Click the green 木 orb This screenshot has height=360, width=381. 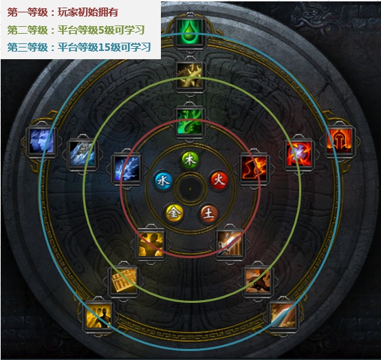click(x=190, y=160)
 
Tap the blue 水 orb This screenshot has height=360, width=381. click(x=164, y=181)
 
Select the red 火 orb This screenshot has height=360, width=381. click(x=219, y=180)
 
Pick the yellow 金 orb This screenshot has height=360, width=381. click(x=174, y=213)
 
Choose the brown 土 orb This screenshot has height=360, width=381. click(x=208, y=213)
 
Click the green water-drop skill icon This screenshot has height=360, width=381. click(x=190, y=32)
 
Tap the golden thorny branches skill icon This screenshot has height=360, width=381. click(x=190, y=75)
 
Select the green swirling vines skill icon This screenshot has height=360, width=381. click(x=190, y=121)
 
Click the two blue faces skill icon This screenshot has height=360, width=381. click(x=41, y=141)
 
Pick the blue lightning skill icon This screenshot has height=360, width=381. click(x=127, y=169)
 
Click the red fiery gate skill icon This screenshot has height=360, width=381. click(x=340, y=141)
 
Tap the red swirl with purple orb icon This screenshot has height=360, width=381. click(x=298, y=154)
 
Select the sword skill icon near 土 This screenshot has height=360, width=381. click(x=230, y=244)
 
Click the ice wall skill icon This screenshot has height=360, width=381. click(x=82, y=154)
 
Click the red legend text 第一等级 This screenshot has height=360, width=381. click(x=28, y=12)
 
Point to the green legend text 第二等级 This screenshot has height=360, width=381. click(x=28, y=30)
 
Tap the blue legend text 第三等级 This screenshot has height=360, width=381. click(x=28, y=47)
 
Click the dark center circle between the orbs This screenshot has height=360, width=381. click(x=190, y=189)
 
